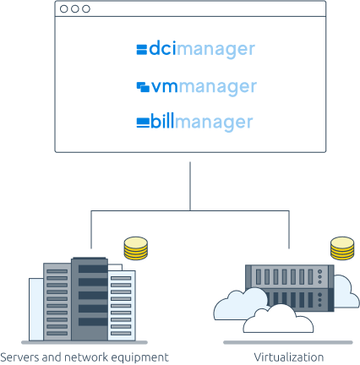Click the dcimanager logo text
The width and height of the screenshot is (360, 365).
click(202, 50)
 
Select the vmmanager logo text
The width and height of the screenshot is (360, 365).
click(204, 87)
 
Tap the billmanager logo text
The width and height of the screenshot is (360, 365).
click(202, 123)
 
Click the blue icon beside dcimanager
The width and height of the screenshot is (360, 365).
click(142, 49)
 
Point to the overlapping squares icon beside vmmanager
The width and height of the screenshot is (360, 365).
click(143, 87)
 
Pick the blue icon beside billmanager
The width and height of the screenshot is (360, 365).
click(143, 123)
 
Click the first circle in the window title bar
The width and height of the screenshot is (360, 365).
click(64, 9)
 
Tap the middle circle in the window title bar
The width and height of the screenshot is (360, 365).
click(75, 9)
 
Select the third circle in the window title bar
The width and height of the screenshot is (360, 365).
click(86, 9)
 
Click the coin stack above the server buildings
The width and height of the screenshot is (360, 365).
click(136, 248)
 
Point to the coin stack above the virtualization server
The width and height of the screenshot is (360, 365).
click(342, 248)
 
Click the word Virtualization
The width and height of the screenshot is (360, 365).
click(289, 357)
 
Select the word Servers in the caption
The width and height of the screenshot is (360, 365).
click(19, 357)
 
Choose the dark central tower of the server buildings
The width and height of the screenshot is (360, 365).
click(90, 299)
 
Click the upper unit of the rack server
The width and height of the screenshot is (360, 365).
click(290, 276)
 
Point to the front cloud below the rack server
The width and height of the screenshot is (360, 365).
click(278, 319)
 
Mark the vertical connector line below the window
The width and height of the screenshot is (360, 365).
click(190, 186)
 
